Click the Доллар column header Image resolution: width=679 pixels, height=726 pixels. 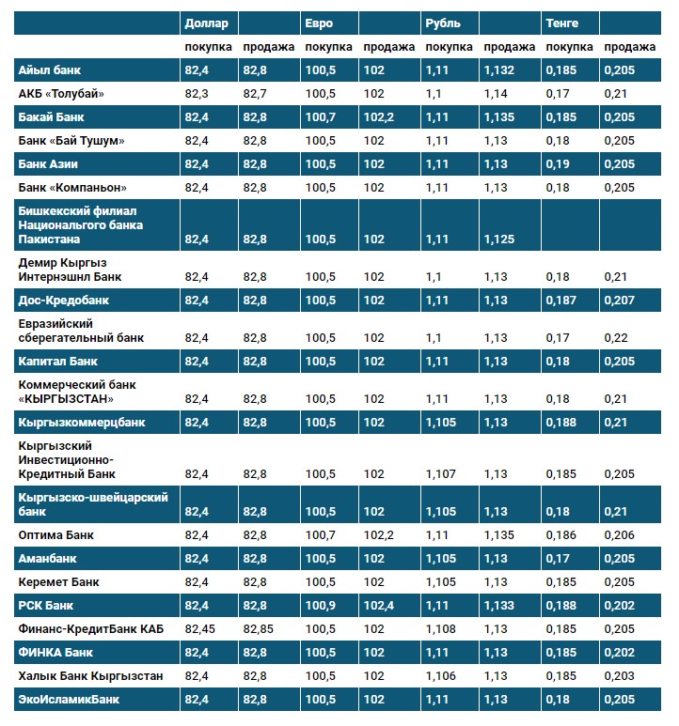206,23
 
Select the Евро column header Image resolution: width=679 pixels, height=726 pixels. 319,23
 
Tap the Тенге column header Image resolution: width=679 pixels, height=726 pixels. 562,23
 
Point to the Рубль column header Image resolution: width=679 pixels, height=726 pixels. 443,23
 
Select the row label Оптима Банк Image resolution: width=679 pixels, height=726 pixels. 55,534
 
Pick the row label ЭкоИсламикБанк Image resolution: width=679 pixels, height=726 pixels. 69,699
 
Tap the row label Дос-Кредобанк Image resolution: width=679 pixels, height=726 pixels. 63,301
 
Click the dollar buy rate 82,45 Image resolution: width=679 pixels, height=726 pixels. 203,628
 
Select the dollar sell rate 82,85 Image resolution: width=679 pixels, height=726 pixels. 261,628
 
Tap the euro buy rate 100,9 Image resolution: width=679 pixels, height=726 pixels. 322,605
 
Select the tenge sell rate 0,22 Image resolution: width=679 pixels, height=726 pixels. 615,338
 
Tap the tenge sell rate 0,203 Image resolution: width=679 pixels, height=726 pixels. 619,675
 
